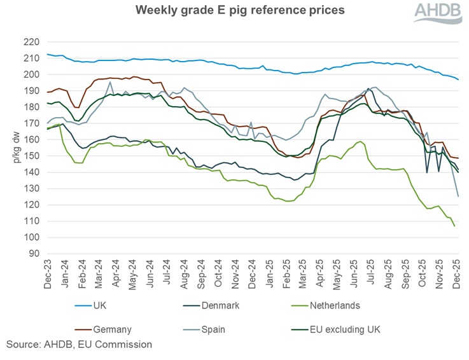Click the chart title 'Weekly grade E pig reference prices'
coord(235,11)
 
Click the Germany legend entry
coord(111,329)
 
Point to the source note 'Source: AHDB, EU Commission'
coord(79,345)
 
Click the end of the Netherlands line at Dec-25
coord(455,226)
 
